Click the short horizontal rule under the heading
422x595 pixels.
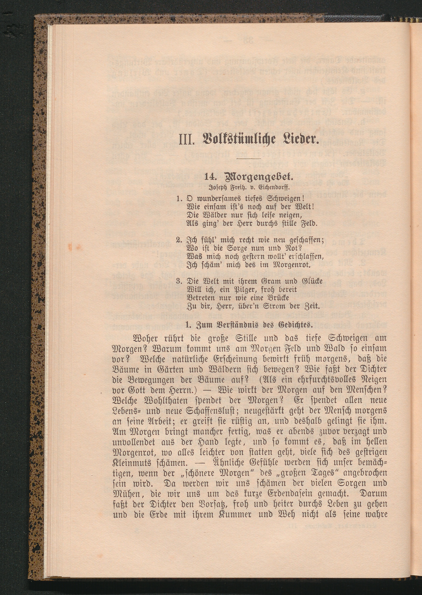[x=249, y=158]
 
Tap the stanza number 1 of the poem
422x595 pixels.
[x=178, y=199]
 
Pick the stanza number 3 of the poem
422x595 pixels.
[x=178, y=281]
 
